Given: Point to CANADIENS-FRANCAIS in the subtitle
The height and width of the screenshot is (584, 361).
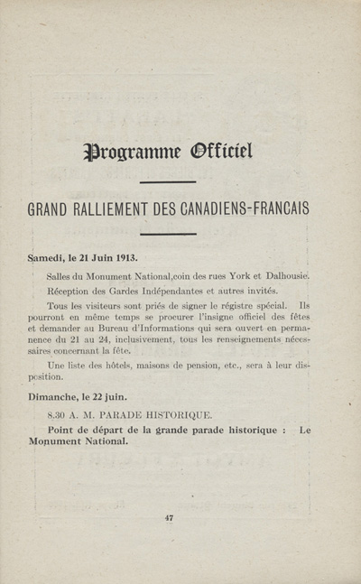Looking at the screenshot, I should pos(248,209).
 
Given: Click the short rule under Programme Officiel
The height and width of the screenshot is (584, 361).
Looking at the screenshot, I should pos(169,181).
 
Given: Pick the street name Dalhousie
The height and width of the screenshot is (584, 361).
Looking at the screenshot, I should pos(280,275).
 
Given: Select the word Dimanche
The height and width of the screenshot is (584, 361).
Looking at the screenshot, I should pos(59,396).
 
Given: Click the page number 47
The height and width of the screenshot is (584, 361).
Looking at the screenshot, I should pos(169,517).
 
